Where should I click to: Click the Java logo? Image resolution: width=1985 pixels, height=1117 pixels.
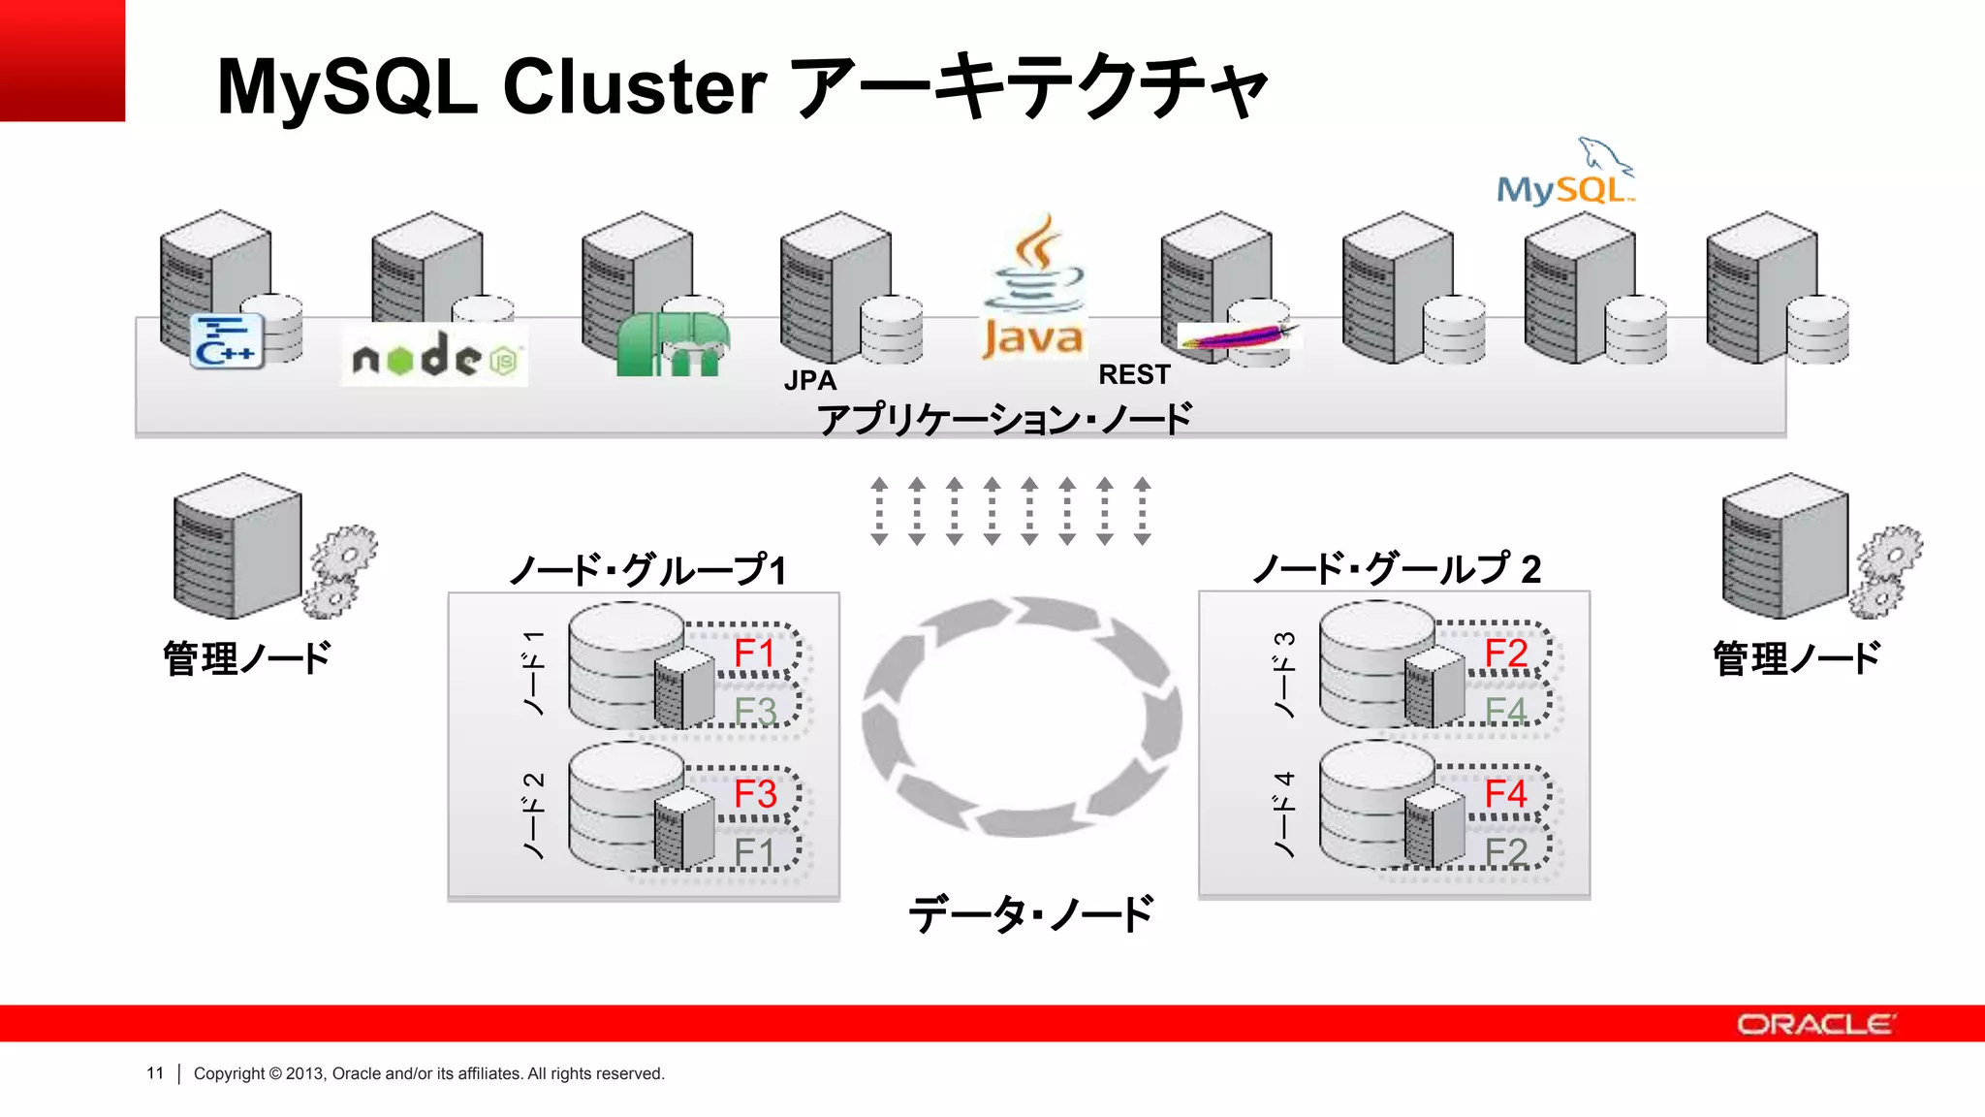click(x=1033, y=288)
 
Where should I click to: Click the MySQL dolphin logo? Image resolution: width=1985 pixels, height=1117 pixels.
click(x=1564, y=175)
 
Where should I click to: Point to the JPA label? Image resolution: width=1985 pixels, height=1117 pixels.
click(x=810, y=380)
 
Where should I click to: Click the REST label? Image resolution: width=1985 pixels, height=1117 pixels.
click(x=1134, y=374)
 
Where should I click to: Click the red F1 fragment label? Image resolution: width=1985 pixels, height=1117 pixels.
click(x=754, y=653)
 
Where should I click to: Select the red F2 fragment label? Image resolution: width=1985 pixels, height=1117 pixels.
click(x=1506, y=653)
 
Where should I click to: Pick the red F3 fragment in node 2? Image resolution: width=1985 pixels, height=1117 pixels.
click(x=755, y=794)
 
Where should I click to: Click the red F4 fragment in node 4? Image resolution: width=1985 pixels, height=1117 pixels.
click(x=1506, y=793)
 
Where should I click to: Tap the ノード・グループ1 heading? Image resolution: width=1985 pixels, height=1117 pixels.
click(x=647, y=569)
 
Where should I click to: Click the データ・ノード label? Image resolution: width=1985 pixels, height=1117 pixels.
click(x=1030, y=913)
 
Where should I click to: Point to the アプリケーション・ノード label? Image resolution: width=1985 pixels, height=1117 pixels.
click(x=1004, y=419)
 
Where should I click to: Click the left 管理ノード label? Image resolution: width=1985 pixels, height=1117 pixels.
click(x=247, y=658)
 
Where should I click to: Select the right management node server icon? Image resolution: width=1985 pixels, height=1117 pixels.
click(x=1785, y=545)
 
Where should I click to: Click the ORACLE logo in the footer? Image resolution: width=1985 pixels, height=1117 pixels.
click(x=1815, y=1024)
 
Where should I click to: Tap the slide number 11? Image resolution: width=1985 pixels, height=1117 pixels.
click(x=155, y=1073)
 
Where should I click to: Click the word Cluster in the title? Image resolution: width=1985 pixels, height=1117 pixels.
click(x=635, y=87)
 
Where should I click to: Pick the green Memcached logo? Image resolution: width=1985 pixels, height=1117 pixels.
click(x=672, y=344)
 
